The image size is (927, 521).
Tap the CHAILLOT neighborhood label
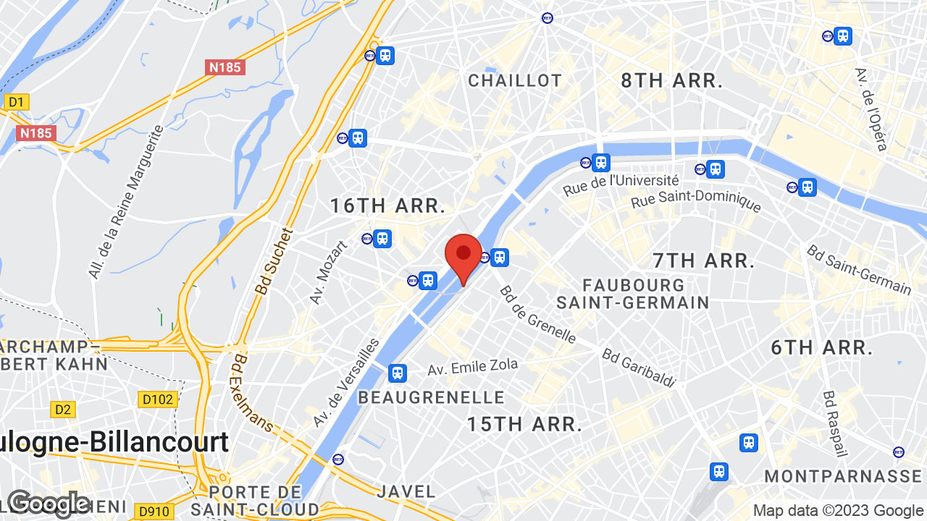tap(515, 80)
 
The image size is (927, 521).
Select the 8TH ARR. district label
tap(672, 80)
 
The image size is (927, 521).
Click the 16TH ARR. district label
tap(387, 206)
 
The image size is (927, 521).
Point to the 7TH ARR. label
tap(704, 260)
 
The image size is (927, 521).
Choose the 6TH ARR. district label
tap(822, 347)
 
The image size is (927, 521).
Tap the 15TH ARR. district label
tap(524, 424)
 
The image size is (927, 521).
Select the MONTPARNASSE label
tap(843, 476)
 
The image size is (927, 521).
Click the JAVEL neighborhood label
tap(406, 492)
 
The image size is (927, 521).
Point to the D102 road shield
tap(157, 399)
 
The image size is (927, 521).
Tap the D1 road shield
tap(16, 102)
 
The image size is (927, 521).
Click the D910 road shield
tap(154, 512)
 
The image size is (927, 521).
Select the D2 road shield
tap(63, 410)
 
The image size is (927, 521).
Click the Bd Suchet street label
tap(274, 261)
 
